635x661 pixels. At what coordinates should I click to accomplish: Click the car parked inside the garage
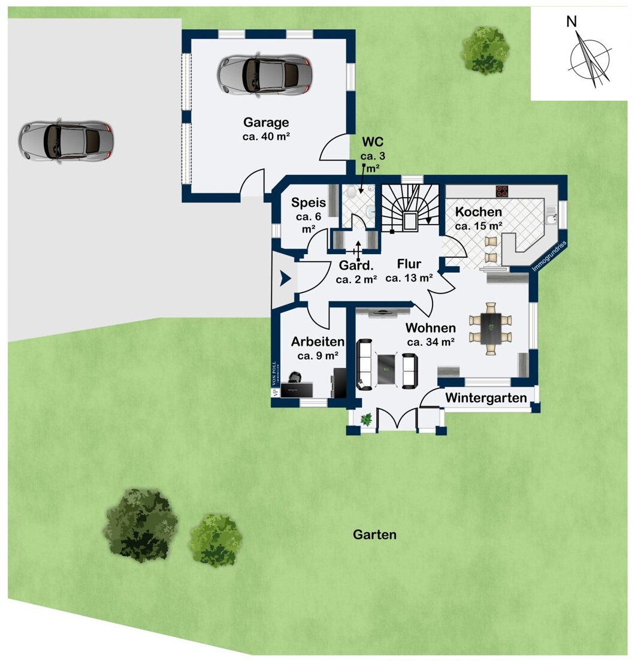click(x=265, y=75)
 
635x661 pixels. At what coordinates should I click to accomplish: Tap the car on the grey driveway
click(x=66, y=141)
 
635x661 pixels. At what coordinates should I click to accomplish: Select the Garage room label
click(x=267, y=122)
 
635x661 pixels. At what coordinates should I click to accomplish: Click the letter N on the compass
click(x=571, y=21)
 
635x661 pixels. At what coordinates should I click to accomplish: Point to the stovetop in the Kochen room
click(x=502, y=191)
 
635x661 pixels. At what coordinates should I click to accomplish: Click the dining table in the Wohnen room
click(x=491, y=328)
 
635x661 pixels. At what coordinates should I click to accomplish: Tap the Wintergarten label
click(x=486, y=398)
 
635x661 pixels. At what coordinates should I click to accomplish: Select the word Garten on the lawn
click(x=374, y=535)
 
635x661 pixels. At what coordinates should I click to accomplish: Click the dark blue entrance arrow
click(x=285, y=278)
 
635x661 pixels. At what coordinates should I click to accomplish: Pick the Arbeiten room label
click(x=317, y=342)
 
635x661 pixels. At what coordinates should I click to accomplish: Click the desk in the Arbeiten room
click(x=297, y=390)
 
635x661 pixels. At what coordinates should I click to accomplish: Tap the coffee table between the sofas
click(x=386, y=369)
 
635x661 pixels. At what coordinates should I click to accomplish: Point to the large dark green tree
click(x=140, y=525)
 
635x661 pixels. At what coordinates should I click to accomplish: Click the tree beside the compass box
click(x=486, y=50)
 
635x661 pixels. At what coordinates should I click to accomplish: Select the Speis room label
click(x=309, y=203)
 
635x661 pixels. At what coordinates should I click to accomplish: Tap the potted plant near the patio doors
click(x=366, y=419)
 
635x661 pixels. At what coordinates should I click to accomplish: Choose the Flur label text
click(x=409, y=264)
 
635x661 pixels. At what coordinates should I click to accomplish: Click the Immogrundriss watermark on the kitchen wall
click(x=550, y=256)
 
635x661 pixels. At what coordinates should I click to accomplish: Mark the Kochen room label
click(x=478, y=212)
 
